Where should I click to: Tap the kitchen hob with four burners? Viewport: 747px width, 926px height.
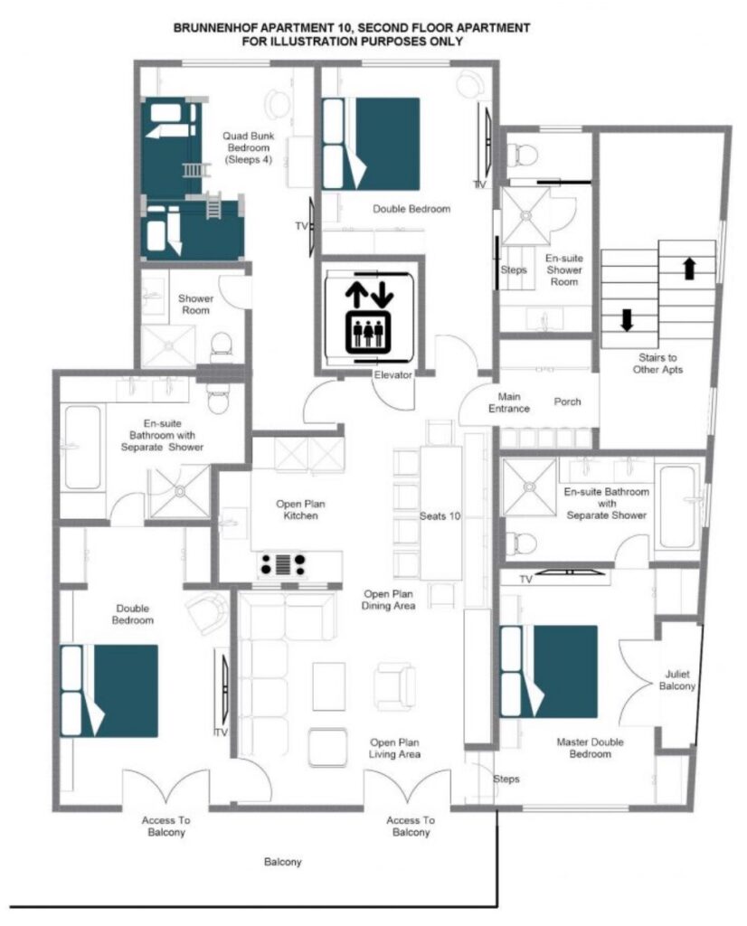pos(283,564)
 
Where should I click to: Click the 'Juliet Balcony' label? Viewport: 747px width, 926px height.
pos(676,680)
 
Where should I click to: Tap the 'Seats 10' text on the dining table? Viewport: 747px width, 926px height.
pos(440,516)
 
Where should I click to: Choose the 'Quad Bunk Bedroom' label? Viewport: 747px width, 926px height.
pos(249,147)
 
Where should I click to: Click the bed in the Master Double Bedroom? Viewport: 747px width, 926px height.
pos(549,672)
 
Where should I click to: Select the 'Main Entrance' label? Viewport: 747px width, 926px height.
pos(509,402)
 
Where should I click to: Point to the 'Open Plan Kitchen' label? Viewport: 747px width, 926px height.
pos(300,510)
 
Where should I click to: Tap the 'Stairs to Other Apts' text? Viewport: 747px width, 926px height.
pos(657,364)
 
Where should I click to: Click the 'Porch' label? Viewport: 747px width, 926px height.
pos(567,402)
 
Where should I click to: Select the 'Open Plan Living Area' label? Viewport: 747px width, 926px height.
pos(394,748)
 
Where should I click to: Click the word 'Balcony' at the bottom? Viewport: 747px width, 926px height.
pos(282,862)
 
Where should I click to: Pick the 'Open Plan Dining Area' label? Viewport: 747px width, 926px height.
pos(388,600)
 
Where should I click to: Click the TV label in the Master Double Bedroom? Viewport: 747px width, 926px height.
pos(525,580)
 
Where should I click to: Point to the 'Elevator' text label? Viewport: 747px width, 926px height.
pos(392,374)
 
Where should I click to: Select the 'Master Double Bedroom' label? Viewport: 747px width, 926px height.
pos(590,748)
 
